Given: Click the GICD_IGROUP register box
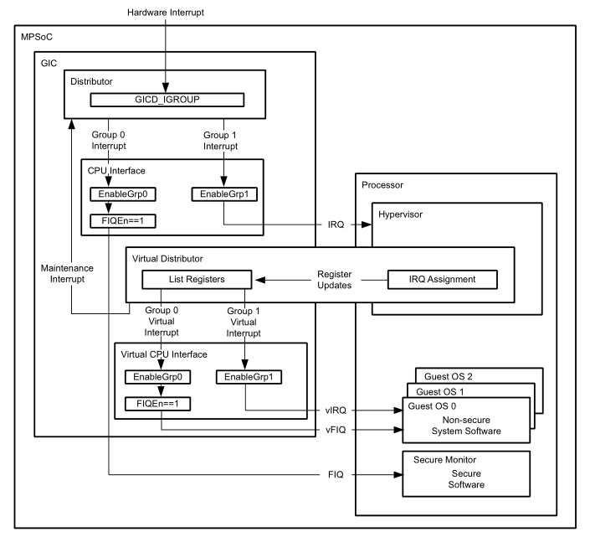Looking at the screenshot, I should (x=167, y=101).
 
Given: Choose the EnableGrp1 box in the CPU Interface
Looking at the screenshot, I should (x=222, y=195).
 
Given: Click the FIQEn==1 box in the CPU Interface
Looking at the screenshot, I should (x=118, y=222).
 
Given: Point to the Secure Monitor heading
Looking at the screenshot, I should (x=445, y=459).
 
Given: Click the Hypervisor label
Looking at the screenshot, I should (x=403, y=214).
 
